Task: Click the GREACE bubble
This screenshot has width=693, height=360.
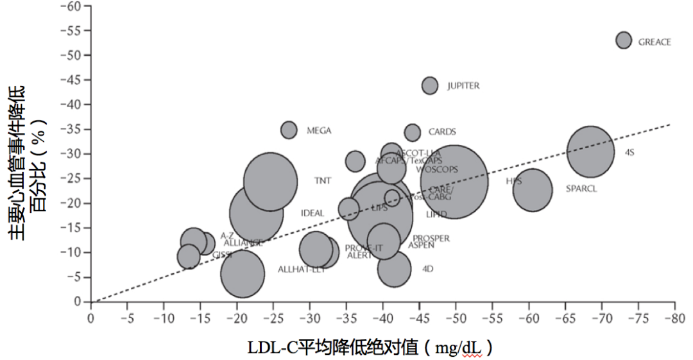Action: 624,40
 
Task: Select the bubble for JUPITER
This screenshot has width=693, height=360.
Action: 430,85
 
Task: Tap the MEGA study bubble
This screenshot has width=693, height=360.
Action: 289,130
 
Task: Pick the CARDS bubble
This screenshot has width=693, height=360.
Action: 413,133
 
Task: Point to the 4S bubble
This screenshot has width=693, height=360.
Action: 590,152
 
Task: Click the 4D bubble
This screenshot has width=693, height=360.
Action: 394,270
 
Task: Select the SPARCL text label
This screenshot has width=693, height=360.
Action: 581,189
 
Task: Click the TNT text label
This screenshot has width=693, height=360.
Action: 323,181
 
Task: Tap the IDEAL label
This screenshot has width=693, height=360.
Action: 312,213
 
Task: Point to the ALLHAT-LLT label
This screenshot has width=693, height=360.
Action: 302,270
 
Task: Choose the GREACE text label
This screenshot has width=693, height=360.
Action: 654,42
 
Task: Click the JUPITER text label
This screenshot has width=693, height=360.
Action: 463,86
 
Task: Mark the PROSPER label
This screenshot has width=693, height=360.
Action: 431,239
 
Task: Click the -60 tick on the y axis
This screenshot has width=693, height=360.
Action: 72,6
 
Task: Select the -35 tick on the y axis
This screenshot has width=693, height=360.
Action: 72,130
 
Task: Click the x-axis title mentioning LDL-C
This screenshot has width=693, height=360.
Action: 370,348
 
